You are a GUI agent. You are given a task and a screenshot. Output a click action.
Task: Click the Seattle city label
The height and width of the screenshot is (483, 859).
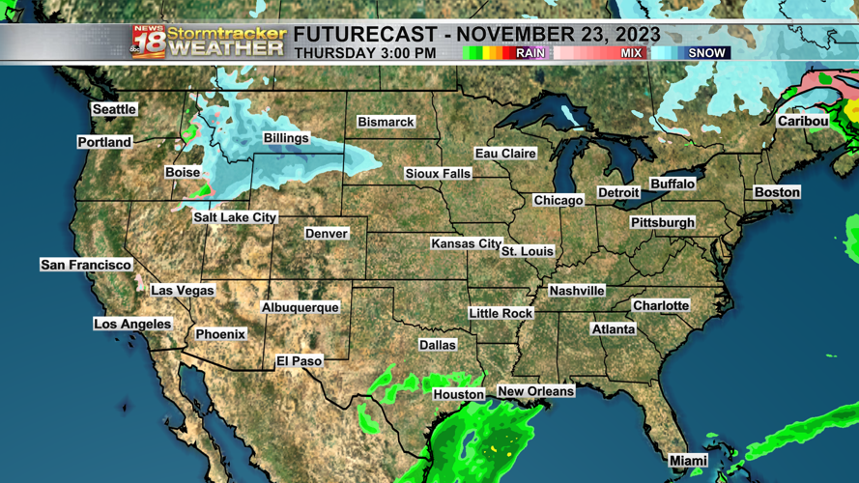(114, 109)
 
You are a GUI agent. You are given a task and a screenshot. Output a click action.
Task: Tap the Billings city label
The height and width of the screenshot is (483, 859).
(286, 138)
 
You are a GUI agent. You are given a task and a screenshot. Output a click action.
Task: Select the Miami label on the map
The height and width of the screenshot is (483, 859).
(689, 461)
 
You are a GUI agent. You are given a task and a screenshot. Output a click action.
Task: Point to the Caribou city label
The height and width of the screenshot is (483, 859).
(803, 121)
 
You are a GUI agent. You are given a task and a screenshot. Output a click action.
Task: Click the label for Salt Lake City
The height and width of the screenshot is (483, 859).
(235, 217)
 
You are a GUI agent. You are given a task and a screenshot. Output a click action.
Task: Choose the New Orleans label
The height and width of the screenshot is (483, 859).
(535, 391)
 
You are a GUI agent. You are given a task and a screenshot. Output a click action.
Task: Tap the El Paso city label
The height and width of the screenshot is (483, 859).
(300, 360)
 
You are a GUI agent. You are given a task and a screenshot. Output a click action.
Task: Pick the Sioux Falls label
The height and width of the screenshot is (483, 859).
(438, 174)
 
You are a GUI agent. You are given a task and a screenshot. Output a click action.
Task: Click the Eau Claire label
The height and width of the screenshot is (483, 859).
(505, 154)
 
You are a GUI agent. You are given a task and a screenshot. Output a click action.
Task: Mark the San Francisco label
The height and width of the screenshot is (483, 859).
(86, 265)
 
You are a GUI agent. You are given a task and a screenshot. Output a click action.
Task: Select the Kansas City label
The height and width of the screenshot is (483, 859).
(466, 243)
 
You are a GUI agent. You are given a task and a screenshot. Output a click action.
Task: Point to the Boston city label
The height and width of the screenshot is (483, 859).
(777, 192)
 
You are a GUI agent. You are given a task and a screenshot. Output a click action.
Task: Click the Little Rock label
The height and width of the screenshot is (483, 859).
(501, 313)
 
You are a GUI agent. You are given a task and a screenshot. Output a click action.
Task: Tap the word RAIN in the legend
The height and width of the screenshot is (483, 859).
(530, 53)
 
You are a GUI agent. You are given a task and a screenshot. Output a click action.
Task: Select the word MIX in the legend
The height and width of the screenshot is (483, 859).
(631, 53)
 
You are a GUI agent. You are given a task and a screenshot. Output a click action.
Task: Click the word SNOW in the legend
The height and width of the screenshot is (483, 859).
(706, 53)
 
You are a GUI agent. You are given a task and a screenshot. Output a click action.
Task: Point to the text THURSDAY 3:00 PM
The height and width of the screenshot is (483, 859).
(364, 53)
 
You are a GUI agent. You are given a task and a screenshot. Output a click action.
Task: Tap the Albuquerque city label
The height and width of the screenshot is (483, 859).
(301, 307)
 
